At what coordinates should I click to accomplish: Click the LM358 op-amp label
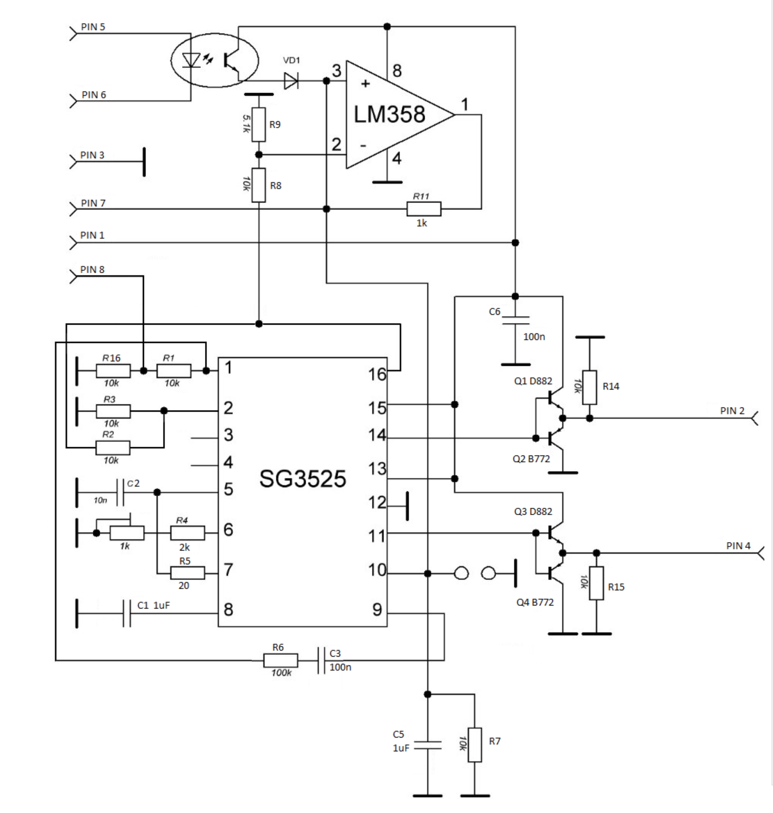click(389, 114)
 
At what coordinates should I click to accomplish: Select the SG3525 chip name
click(303, 478)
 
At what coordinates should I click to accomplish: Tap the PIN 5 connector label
click(93, 27)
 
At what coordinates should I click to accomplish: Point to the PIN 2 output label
click(732, 411)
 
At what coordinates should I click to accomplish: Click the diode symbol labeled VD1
click(291, 80)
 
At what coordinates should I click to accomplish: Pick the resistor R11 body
click(424, 209)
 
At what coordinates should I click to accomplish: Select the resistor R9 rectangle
click(259, 125)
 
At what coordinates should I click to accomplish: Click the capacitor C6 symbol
click(515, 320)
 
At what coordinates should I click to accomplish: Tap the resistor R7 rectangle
click(474, 745)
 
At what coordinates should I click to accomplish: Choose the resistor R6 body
click(281, 660)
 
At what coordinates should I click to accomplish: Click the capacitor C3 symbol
click(320, 660)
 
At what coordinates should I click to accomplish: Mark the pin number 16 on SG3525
click(377, 374)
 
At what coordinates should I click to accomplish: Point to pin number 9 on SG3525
click(377, 609)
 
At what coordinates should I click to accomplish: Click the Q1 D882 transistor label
click(533, 381)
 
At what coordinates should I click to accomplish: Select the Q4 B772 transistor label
click(535, 602)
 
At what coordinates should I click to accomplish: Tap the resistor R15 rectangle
click(597, 583)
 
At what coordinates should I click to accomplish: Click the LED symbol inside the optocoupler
click(192, 60)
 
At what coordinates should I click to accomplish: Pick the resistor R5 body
click(188, 573)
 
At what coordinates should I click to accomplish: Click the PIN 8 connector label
click(93, 270)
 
